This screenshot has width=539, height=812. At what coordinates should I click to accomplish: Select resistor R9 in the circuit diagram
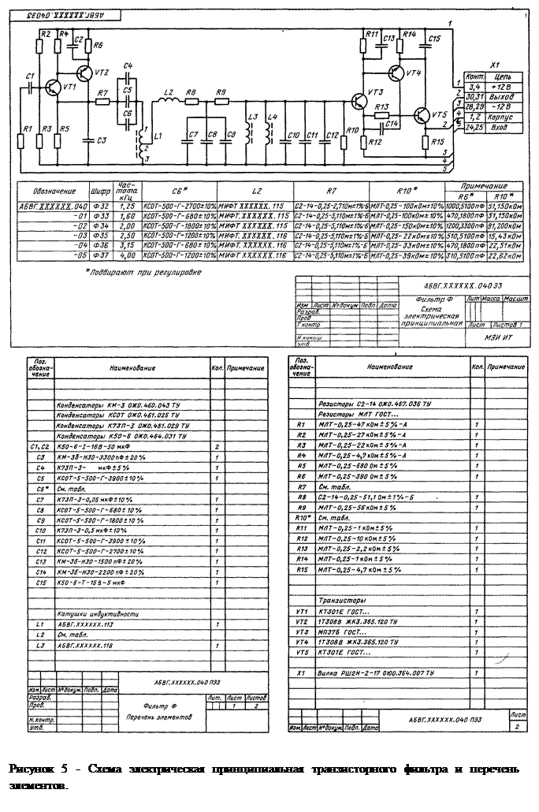coord(221,101)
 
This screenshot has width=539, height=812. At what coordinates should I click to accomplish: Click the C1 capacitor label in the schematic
coord(29,76)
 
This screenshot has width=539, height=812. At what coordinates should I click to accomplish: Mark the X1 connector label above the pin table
coord(495,66)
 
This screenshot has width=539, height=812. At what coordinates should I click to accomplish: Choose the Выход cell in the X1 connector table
coord(501,96)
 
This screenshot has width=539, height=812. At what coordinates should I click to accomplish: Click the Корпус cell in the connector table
coord(501,117)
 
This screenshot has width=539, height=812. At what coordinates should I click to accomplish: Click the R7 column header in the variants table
coord(329,190)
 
